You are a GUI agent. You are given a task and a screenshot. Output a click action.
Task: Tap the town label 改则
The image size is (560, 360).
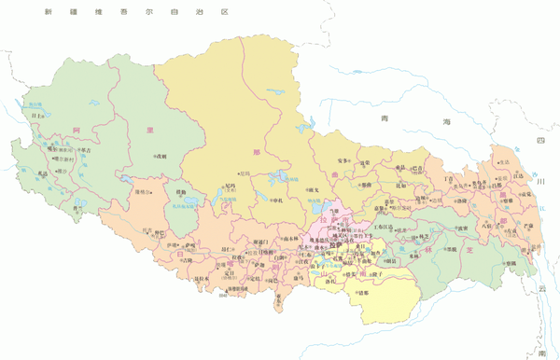(x=161, y=156)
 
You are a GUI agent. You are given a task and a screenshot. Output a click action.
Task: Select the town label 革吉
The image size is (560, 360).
(x=85, y=149)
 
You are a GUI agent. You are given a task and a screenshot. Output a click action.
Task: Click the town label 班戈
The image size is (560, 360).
(x=315, y=190)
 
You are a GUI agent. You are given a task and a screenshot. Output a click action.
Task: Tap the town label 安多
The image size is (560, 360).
(x=342, y=160)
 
